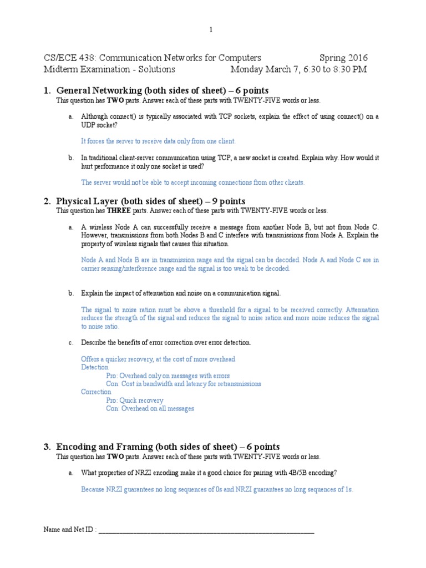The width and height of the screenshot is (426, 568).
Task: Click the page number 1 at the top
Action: pyautogui.click(x=211, y=30)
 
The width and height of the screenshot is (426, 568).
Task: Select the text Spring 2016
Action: pyautogui.click(x=343, y=58)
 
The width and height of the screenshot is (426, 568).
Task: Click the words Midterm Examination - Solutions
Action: pyautogui.click(x=109, y=69)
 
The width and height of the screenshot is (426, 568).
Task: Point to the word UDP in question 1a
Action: pyautogui.click(x=89, y=126)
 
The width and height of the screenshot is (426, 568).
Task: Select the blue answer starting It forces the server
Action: pyautogui.click(x=158, y=141)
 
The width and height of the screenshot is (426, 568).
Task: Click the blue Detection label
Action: pyautogui.click(x=95, y=367)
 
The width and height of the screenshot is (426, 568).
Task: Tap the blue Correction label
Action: pyautogui.click(x=97, y=392)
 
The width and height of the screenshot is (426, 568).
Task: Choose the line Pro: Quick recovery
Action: pyautogui.click(x=135, y=400)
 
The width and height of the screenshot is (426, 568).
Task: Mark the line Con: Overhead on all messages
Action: pyautogui.click(x=150, y=408)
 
